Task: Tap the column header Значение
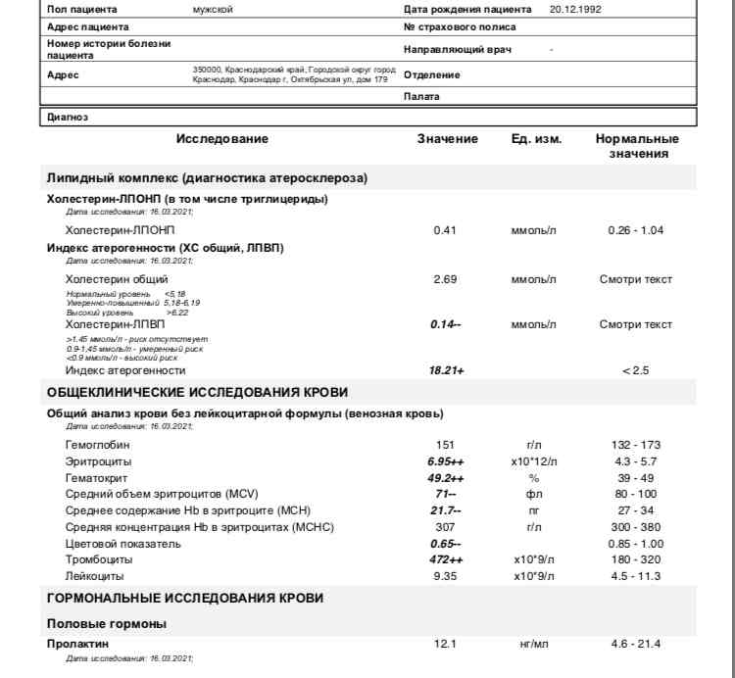447,139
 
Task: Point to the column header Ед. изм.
536,139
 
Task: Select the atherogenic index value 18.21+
447,370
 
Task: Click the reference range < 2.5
636,370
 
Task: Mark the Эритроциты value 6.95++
447,460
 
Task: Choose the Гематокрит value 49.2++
447,477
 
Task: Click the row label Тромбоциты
96,559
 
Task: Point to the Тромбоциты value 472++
447,559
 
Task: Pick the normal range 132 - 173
636,445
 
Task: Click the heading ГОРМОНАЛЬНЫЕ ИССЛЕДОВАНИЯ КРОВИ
185,598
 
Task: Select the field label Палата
421,97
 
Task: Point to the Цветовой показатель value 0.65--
447,543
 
